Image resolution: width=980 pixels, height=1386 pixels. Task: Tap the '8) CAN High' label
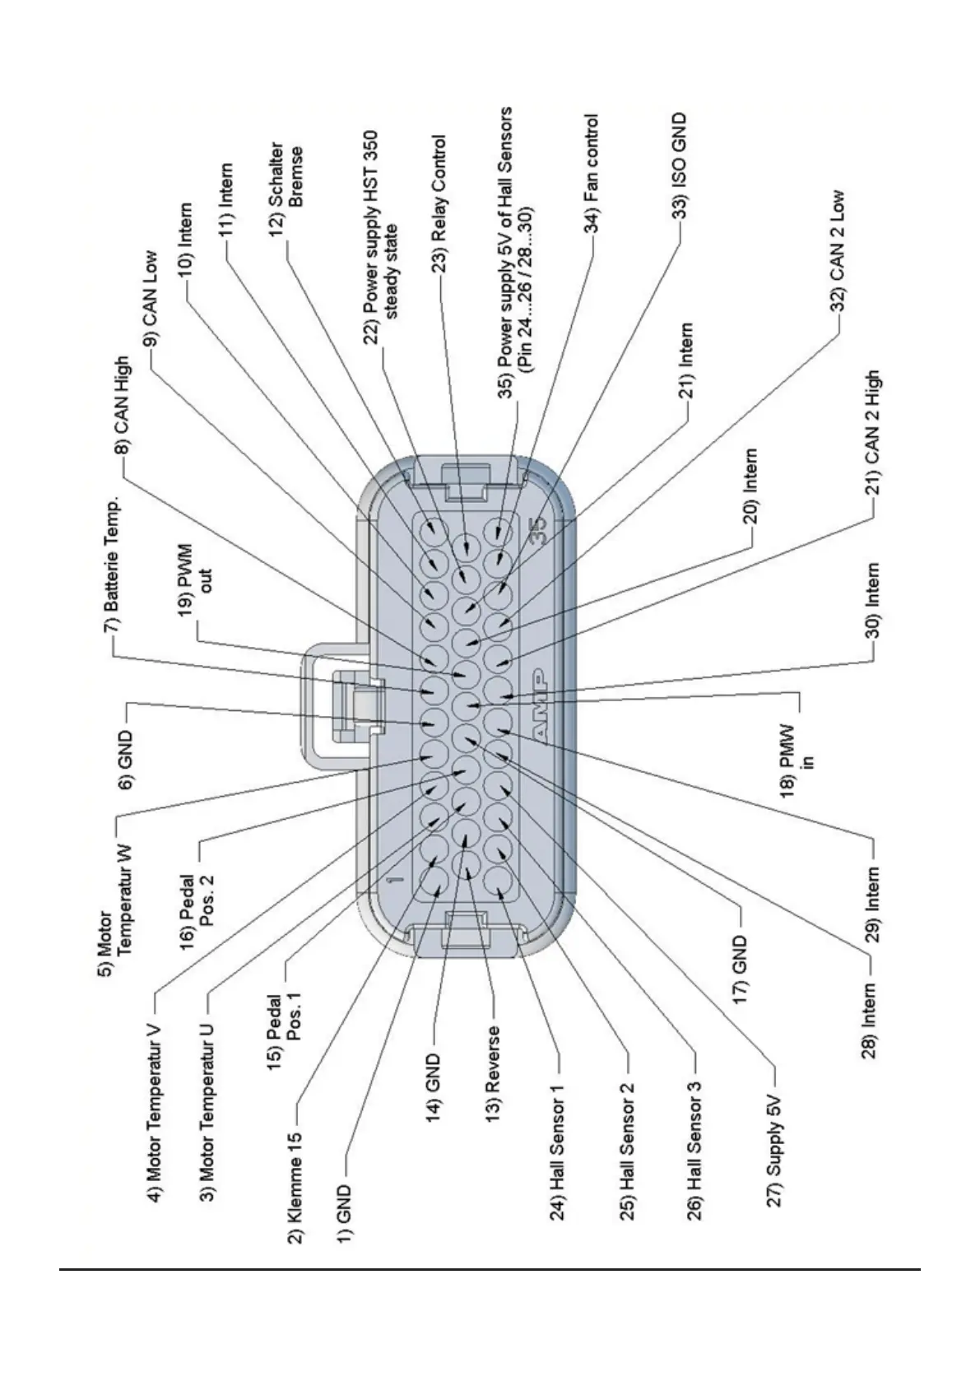pos(121,405)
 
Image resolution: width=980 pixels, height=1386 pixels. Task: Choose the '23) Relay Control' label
pos(439,203)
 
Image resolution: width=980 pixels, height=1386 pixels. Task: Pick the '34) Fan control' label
pos(590,174)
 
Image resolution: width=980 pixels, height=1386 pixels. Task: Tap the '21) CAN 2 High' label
pos(872,432)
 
